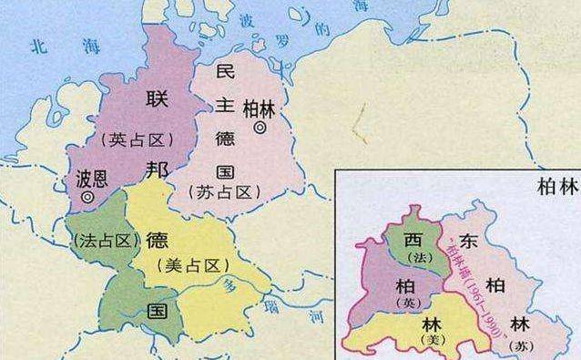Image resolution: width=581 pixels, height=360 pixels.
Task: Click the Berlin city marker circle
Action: pos(260,129)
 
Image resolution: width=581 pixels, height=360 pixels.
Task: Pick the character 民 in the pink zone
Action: pos(224,71)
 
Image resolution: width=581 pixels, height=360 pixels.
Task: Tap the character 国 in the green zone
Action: pos(158,310)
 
